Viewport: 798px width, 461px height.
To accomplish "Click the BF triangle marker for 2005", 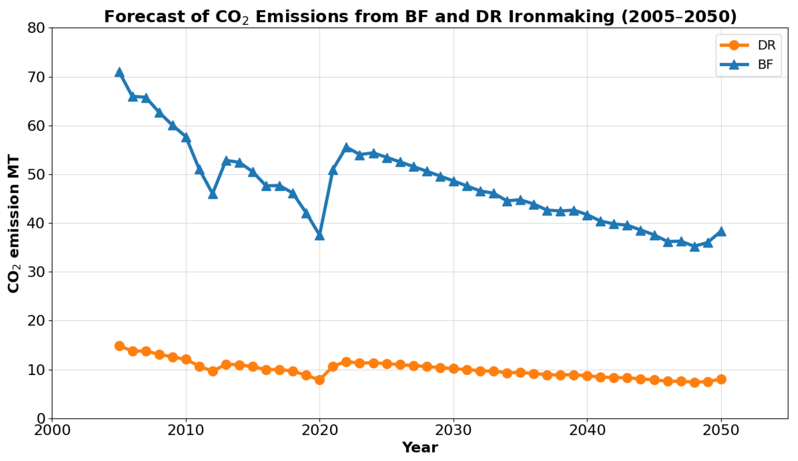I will (119, 73).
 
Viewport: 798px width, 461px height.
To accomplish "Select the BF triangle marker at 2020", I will (320, 236).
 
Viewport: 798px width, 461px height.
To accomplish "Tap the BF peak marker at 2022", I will (346, 148).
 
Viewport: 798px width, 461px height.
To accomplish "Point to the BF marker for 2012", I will (213, 194).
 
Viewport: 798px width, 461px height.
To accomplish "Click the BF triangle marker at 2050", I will (721, 232).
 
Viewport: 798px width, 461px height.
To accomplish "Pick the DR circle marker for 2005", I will (119, 346).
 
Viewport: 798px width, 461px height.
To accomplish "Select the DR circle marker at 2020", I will (320, 380).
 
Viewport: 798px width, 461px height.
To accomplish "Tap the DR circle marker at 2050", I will (721, 379).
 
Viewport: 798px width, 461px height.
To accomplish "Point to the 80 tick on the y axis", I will (36, 28).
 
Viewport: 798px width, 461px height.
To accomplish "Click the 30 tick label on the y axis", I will (36, 272).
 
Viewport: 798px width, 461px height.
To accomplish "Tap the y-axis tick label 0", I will (41, 419).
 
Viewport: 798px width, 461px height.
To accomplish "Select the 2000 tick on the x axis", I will (52, 430).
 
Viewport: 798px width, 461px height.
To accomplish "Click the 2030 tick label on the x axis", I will (453, 430).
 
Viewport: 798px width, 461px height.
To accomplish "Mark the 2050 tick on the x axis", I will (721, 430).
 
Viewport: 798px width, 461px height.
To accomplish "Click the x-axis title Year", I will (420, 448).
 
